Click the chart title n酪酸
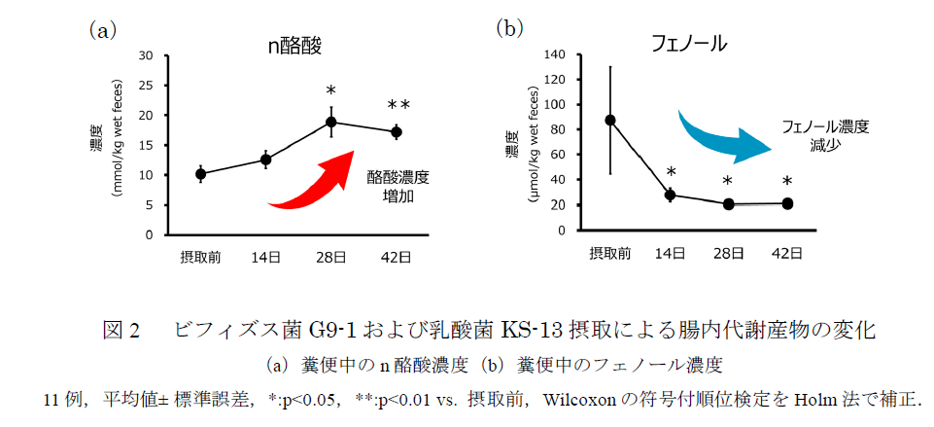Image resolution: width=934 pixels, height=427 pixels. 294,46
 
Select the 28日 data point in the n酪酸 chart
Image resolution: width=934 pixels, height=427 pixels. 331,122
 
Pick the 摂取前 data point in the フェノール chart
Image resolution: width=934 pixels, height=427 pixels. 610,120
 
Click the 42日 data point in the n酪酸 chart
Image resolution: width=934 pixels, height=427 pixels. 396,131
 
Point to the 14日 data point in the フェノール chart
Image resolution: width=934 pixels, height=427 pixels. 670,195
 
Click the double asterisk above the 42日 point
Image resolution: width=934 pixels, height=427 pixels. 398,105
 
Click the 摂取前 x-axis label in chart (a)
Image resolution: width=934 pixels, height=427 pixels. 200,257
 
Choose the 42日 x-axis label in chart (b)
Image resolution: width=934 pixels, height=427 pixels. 787,254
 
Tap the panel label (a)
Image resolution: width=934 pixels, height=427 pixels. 102,30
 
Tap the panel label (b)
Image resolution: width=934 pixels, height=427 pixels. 511,28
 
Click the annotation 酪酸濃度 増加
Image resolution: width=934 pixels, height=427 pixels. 398,186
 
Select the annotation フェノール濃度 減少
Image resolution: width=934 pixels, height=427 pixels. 825,135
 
